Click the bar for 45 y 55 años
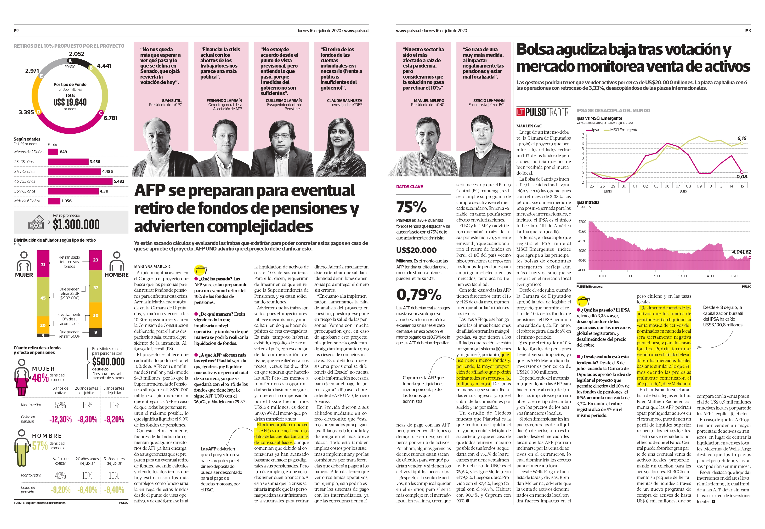(x=80, y=181)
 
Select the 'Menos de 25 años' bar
(x=53, y=152)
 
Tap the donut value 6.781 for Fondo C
(x=111, y=118)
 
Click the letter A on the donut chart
(x=70, y=61)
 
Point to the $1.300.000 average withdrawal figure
(x=76, y=224)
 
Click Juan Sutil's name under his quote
(x=172, y=100)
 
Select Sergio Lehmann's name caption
(x=489, y=100)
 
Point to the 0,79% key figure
(x=419, y=294)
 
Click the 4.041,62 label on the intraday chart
(x=742, y=252)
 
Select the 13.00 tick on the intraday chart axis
(x=682, y=276)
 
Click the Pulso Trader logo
(x=542, y=112)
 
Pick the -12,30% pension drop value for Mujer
(x=60, y=419)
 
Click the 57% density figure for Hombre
(x=40, y=445)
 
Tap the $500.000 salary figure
(x=108, y=361)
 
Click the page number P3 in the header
(x=748, y=30)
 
